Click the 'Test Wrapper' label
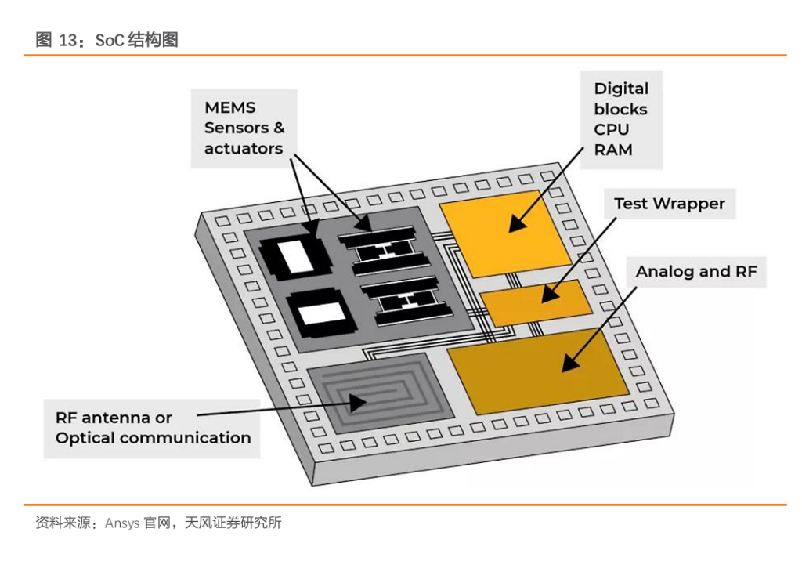pos(669,204)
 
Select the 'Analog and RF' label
pos(696,272)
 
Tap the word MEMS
pos(230,107)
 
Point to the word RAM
pos(613,150)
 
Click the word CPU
pos(612,129)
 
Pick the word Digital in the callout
pos(621,89)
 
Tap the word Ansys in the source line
pos(122,523)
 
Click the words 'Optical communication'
pos(154,438)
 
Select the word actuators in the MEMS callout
pos(244,148)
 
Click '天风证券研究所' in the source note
pos(233,523)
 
